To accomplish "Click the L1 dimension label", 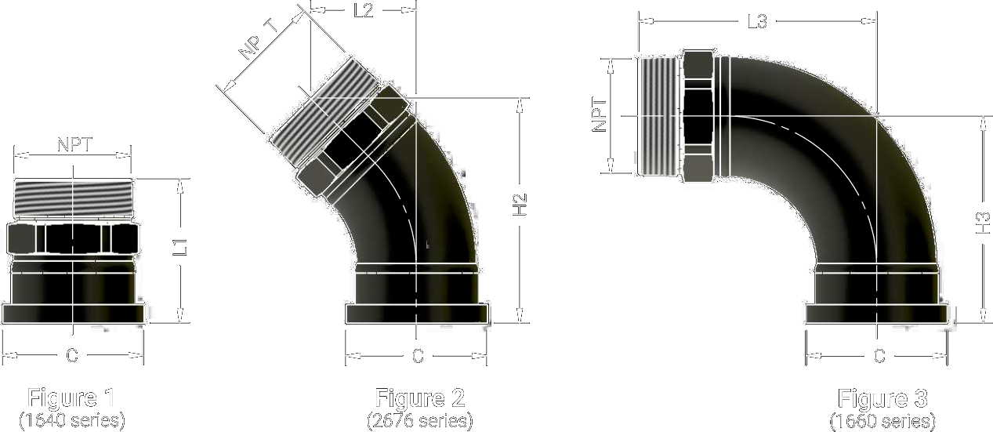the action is [x=180, y=247].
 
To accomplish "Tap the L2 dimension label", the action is [x=364, y=10].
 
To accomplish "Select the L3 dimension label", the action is [x=758, y=21].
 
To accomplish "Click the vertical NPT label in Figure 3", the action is [x=600, y=115].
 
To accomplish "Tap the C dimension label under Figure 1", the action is [x=72, y=355].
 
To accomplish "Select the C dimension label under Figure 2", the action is [x=418, y=356].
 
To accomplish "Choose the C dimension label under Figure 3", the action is [x=880, y=356].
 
